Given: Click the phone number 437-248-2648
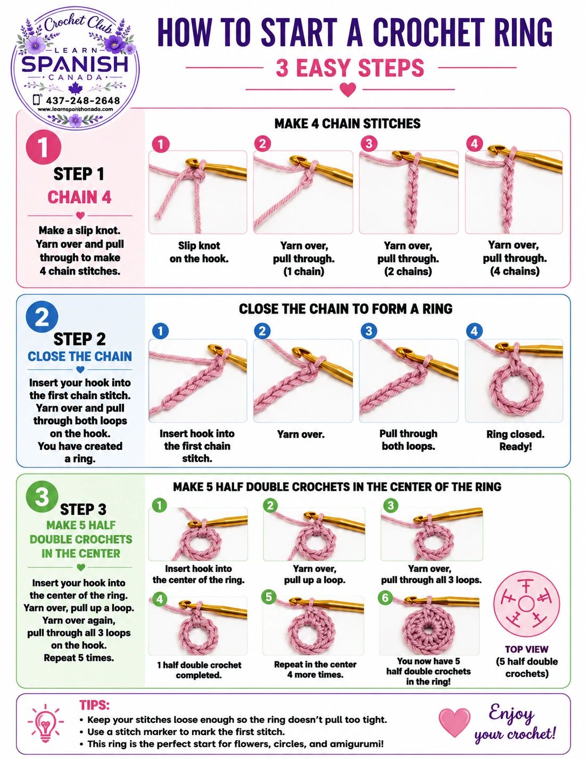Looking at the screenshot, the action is click(x=83, y=101).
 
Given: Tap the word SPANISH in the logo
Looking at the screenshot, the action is click(x=75, y=64).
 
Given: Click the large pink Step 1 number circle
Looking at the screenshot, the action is click(x=44, y=146).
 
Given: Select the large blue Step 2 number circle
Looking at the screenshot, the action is click(x=42, y=318).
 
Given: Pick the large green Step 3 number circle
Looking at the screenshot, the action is click(x=42, y=497).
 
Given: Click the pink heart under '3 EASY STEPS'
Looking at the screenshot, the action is click(x=348, y=90).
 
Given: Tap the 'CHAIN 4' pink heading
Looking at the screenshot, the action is click(x=79, y=197).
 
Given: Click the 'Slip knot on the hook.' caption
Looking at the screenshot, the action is click(x=199, y=252).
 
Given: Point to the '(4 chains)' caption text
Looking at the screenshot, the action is click(x=515, y=271).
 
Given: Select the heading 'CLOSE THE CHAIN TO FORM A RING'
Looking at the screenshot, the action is click(x=345, y=309).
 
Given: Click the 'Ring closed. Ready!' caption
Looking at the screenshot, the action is click(x=515, y=440).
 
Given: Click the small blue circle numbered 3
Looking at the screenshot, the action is click(x=369, y=331).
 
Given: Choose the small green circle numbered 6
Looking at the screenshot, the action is click(x=385, y=597).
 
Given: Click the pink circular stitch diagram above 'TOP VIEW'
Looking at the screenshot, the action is click(x=526, y=603).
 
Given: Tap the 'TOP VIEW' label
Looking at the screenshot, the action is click(x=526, y=649).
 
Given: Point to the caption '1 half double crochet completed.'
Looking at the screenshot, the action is click(x=199, y=670).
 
